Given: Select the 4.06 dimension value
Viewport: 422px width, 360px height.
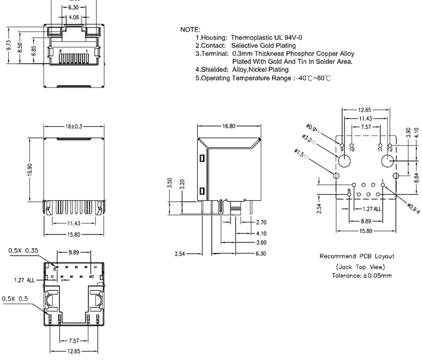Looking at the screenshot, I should coord(74,18).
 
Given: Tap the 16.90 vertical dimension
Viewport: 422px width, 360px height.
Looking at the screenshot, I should coord(30,169).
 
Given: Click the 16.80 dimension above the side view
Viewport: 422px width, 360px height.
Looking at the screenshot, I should coord(229,126).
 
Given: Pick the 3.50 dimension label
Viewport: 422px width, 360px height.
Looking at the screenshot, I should coord(170,184).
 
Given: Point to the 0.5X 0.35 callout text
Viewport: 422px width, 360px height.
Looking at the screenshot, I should coord(23,250).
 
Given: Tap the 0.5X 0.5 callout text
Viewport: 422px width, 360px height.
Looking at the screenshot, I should coord(15,298).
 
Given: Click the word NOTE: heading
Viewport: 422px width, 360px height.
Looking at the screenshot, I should coord(190,29).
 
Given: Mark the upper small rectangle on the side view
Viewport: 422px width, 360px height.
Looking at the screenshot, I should coord(202,158).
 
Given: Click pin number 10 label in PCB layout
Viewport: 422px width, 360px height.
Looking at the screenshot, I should coord(352,149).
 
